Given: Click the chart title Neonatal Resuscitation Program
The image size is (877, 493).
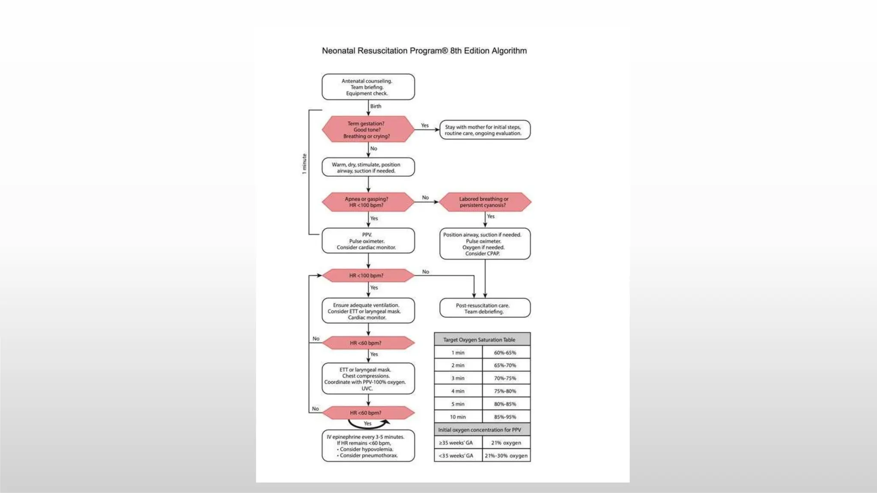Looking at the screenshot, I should [x=424, y=51].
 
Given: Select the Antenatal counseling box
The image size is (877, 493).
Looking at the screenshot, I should [x=368, y=87].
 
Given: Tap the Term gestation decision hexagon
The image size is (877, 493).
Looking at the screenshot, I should [x=368, y=129].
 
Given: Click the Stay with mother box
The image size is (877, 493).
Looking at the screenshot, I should [x=485, y=130].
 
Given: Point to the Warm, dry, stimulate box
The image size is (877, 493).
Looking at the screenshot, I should [x=368, y=167].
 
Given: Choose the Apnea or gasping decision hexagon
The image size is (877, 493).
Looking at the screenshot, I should [x=368, y=202].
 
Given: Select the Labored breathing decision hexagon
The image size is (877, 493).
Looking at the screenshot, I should [x=485, y=202].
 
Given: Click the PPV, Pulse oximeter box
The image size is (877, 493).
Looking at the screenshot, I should [x=368, y=241].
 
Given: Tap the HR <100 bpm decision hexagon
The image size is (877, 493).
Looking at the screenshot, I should [x=368, y=276].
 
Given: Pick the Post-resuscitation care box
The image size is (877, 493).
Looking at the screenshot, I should [x=485, y=308].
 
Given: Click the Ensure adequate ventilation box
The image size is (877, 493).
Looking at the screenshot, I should [x=368, y=311].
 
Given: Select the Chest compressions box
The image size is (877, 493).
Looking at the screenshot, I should [x=368, y=379].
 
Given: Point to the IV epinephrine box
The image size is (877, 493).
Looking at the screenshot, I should [x=368, y=446].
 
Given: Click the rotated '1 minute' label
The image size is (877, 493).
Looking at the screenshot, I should [x=304, y=164].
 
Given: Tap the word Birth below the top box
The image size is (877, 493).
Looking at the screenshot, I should [x=376, y=107].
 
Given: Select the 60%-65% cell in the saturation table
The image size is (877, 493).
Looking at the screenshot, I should [x=505, y=353].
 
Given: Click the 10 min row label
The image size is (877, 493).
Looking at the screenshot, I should [x=458, y=417].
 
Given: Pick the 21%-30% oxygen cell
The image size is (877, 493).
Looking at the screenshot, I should [x=506, y=456].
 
